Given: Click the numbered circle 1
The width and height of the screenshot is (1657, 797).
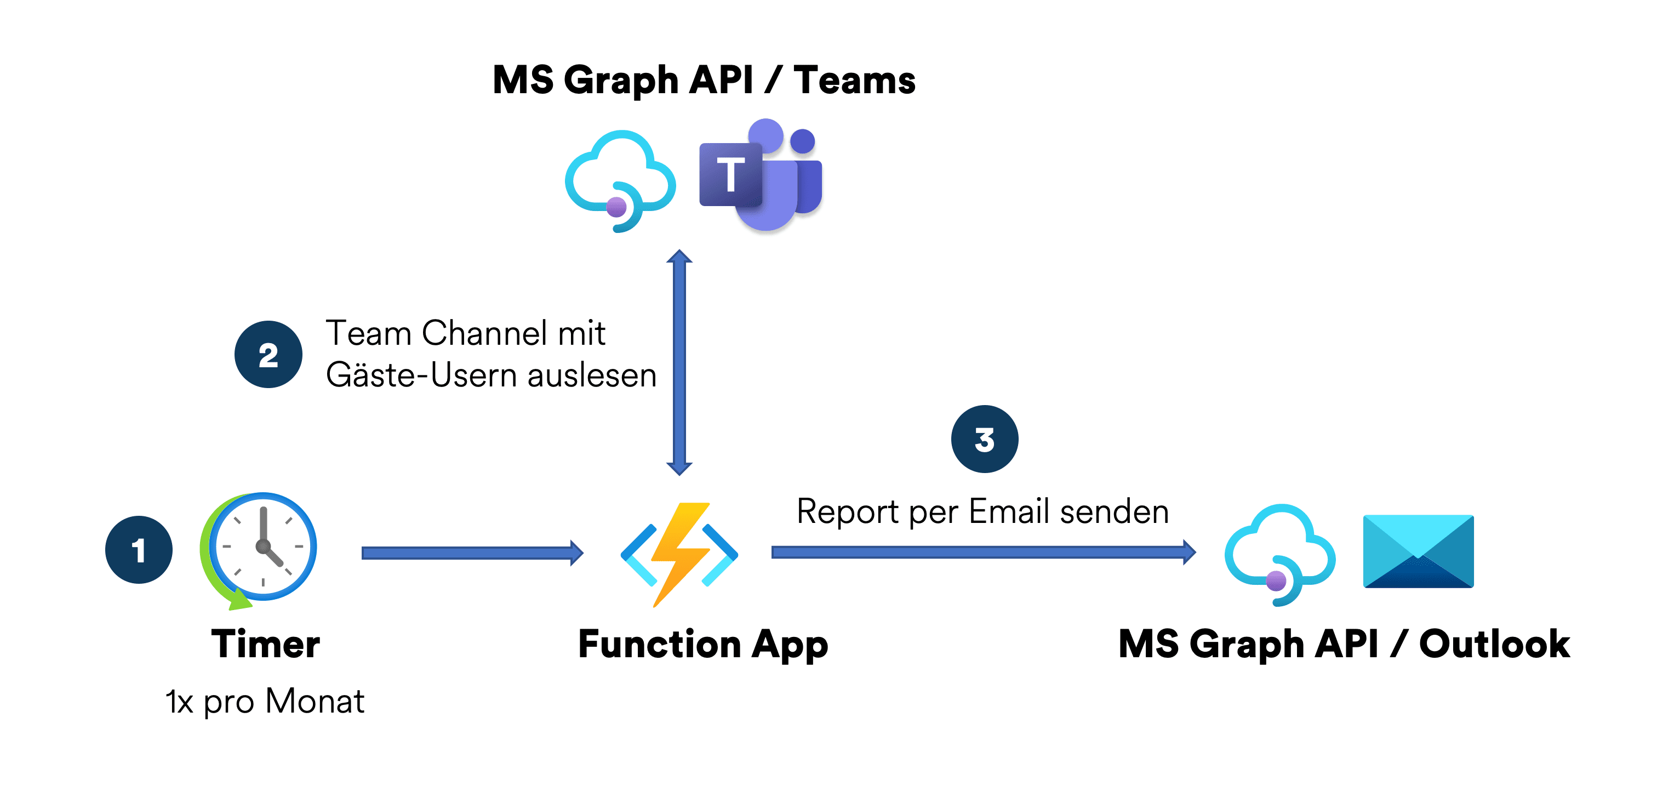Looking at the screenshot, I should [139, 550].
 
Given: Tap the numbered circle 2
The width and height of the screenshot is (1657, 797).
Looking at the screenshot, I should [268, 355].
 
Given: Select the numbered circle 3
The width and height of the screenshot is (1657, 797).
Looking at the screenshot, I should [984, 440].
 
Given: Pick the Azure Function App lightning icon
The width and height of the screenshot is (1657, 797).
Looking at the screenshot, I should [679, 553].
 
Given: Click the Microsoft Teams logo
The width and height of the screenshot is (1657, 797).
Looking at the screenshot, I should [761, 174].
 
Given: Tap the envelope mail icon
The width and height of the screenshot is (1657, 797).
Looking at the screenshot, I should [1418, 551].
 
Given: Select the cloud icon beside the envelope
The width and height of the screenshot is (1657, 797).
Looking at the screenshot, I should [1279, 554].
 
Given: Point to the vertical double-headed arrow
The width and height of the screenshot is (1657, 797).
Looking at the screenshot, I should [679, 362].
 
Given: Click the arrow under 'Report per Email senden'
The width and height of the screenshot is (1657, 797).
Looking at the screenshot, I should [983, 552].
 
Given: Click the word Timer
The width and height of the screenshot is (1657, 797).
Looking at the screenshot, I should [266, 644].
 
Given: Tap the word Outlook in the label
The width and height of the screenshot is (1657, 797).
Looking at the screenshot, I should [1494, 644].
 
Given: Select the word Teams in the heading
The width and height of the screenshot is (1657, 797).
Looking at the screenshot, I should [854, 81].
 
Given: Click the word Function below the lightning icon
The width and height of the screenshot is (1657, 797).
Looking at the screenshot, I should [659, 644].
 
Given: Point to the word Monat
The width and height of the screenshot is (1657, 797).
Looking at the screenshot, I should [315, 701].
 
